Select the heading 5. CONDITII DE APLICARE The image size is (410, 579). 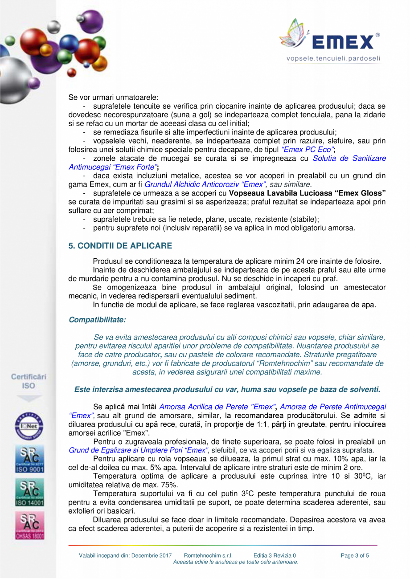point(120,246)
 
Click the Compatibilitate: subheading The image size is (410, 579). point(97,320)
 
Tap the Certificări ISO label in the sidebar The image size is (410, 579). point(29,381)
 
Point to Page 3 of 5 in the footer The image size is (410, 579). point(355,555)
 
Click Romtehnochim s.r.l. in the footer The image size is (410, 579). point(211,555)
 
